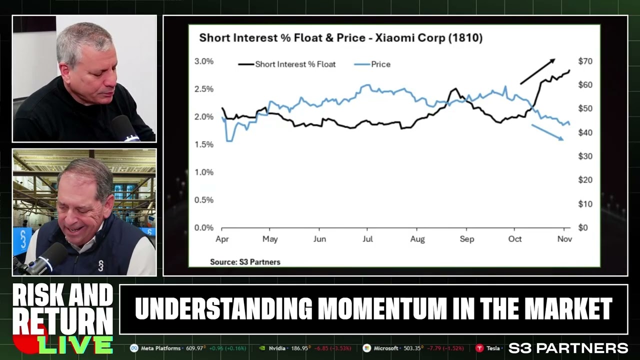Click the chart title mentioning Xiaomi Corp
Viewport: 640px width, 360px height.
(x=340, y=38)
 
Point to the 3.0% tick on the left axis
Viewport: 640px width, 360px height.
(x=203, y=61)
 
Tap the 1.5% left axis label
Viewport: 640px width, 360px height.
(x=203, y=144)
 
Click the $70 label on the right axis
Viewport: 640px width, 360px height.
(x=585, y=61)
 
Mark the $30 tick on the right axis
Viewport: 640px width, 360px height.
(x=585, y=156)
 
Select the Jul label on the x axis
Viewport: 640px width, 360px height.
(x=367, y=239)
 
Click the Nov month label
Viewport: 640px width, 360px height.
(x=564, y=239)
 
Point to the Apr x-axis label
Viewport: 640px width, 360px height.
(x=222, y=239)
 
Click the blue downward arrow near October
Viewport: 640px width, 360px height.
(x=547, y=132)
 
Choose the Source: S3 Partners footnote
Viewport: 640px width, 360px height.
(x=245, y=262)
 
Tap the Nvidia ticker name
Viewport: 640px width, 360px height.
(x=277, y=348)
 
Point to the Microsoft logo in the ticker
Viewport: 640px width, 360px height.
(x=366, y=348)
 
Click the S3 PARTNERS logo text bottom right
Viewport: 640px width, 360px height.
(x=568, y=348)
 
